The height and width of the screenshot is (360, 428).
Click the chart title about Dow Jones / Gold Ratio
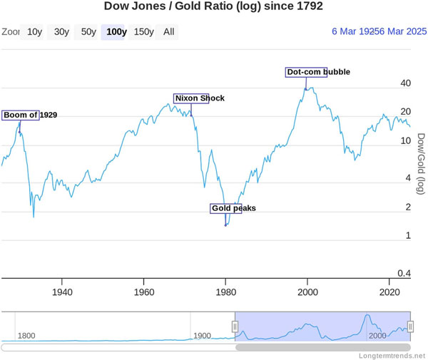pyautogui.click(x=213, y=7)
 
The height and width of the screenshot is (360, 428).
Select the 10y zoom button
pyautogui.click(x=34, y=32)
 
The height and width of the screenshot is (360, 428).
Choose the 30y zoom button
pyautogui.click(x=61, y=32)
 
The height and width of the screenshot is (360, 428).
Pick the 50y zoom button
pyautogui.click(x=88, y=32)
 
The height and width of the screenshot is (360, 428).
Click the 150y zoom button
pyautogui.click(x=143, y=32)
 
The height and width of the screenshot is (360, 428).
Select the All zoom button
pyautogui.click(x=168, y=32)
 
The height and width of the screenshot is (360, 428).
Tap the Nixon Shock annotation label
pyautogui.click(x=191, y=98)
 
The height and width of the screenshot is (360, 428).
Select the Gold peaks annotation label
pyautogui.click(x=225, y=209)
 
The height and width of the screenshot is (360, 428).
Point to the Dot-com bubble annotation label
pyautogui.click(x=306, y=72)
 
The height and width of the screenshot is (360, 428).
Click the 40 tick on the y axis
pyautogui.click(x=406, y=83)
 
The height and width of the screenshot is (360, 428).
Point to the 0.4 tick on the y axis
pyautogui.click(x=404, y=274)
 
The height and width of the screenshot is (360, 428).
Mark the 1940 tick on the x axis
pyautogui.click(x=62, y=292)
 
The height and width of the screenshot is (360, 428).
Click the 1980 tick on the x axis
pyautogui.click(x=225, y=292)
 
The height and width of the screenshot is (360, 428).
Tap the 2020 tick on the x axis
pyautogui.click(x=389, y=292)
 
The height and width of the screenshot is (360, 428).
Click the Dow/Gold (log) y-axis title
pyautogui.click(x=420, y=164)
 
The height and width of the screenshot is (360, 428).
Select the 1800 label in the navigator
pyautogui.click(x=26, y=336)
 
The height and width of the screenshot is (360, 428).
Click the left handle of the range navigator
pyautogui.click(x=235, y=326)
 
